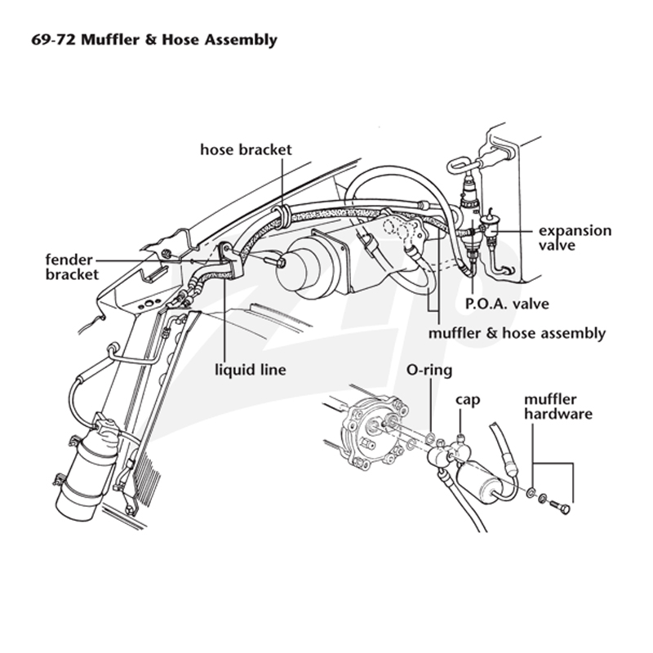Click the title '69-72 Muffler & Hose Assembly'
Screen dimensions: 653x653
click(154, 40)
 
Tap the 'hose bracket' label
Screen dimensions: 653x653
click(247, 149)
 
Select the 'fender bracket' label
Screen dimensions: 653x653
click(72, 267)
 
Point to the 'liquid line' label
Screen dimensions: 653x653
click(251, 370)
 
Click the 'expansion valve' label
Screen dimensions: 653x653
click(575, 238)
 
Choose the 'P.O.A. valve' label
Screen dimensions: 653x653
click(507, 304)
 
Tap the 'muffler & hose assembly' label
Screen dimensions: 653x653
click(517, 333)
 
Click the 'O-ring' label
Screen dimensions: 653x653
click(429, 370)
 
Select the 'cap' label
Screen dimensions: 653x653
click(468, 400)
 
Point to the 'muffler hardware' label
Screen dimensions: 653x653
click(558, 406)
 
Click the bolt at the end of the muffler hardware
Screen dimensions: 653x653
click(559, 506)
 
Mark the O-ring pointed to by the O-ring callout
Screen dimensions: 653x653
click(431, 438)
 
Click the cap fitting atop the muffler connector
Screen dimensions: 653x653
click(460, 439)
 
